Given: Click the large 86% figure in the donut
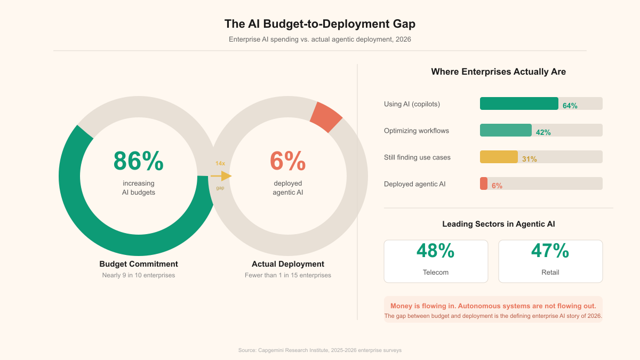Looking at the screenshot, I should pos(138,162).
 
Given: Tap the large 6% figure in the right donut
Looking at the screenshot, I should pos(287,162).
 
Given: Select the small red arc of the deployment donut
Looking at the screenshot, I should pos(326,117).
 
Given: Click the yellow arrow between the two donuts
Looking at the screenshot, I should pos(221,176).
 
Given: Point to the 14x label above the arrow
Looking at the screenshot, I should pos(220,163).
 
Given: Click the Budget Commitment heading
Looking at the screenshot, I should pos(139,264).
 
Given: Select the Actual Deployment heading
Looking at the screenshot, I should pos(288,264).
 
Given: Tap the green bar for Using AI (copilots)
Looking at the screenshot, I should pos(519,103).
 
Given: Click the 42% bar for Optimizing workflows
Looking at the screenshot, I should pos(506,130).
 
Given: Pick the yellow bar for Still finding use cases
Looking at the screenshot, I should pos(499,157).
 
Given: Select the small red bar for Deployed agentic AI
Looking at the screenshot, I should pos(484,183).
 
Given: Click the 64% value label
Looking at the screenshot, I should pos(570,106).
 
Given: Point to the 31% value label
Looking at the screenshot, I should pos(530,159).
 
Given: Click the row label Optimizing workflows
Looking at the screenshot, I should pos(417,131).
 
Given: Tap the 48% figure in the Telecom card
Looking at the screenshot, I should pos(435,251).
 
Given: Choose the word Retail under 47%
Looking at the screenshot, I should pos(550,272).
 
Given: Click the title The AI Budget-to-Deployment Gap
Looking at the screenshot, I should pos(320,24).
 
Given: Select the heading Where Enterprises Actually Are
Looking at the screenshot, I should pos(499,71).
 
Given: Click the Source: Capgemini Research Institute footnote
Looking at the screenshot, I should pos(320,350).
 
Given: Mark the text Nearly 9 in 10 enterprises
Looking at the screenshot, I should pos(139,275).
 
